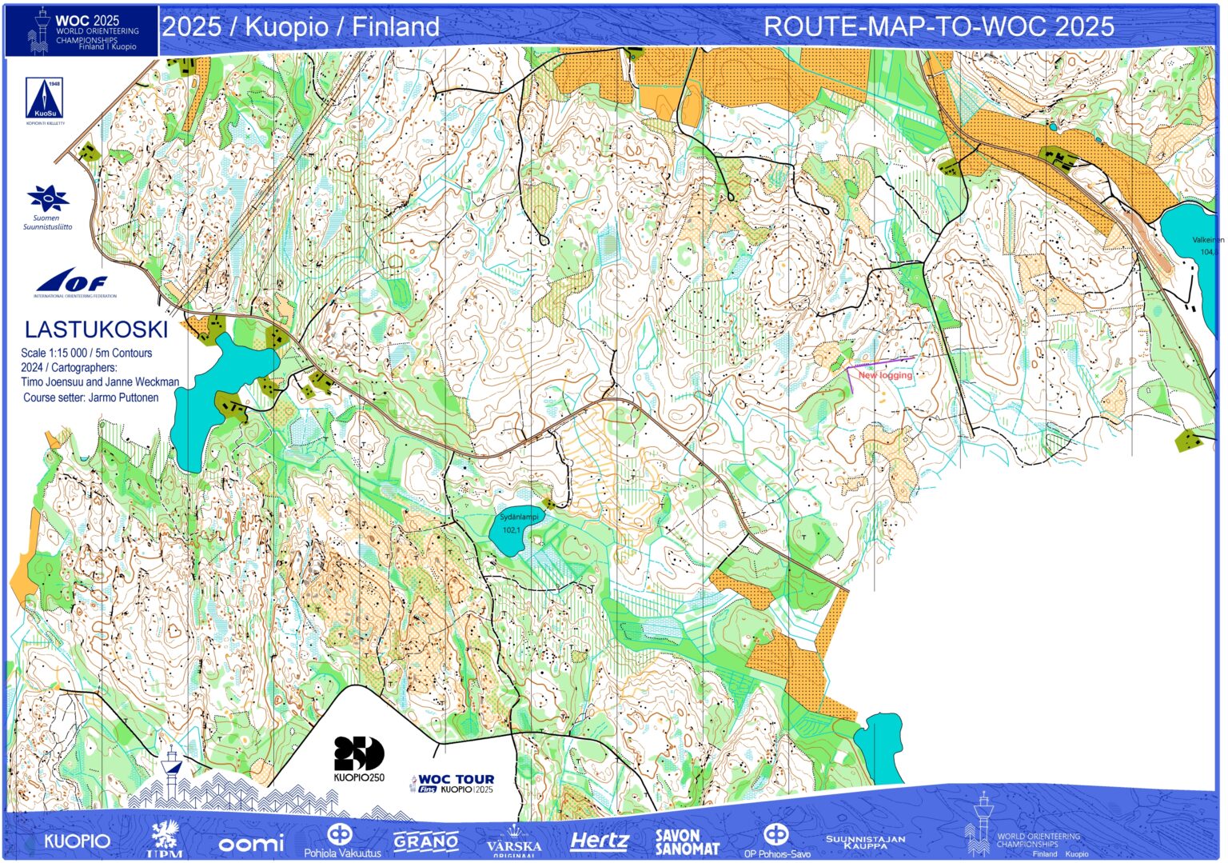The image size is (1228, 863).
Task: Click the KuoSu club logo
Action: pos(45,100)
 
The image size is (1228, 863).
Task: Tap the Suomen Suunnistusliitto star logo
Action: pos(47,199)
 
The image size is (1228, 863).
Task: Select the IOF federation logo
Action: pos(73,282)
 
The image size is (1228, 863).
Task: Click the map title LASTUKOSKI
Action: pos(96,330)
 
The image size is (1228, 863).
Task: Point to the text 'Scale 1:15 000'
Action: pos(54,353)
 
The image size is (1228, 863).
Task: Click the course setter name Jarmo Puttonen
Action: pos(123,398)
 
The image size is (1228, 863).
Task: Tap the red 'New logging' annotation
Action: pos(885,375)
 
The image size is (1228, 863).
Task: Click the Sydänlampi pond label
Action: pos(519,517)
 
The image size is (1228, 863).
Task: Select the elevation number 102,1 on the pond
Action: pos(511,530)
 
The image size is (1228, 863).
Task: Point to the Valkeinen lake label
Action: pos(1207,240)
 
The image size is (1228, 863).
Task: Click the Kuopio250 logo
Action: pos(359,758)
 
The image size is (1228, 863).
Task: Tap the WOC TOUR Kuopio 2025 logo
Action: pos(453,783)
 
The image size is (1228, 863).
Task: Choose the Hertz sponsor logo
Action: pos(600,841)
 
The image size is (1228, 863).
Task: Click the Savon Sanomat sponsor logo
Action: pos(687,842)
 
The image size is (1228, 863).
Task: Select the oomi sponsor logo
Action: pos(251,843)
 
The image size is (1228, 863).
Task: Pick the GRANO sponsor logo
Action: pos(426,841)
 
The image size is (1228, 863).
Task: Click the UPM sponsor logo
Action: pos(165,840)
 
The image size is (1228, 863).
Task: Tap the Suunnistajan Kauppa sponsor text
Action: pos(865,841)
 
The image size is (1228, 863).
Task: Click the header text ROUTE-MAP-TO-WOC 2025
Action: pos(939,26)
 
